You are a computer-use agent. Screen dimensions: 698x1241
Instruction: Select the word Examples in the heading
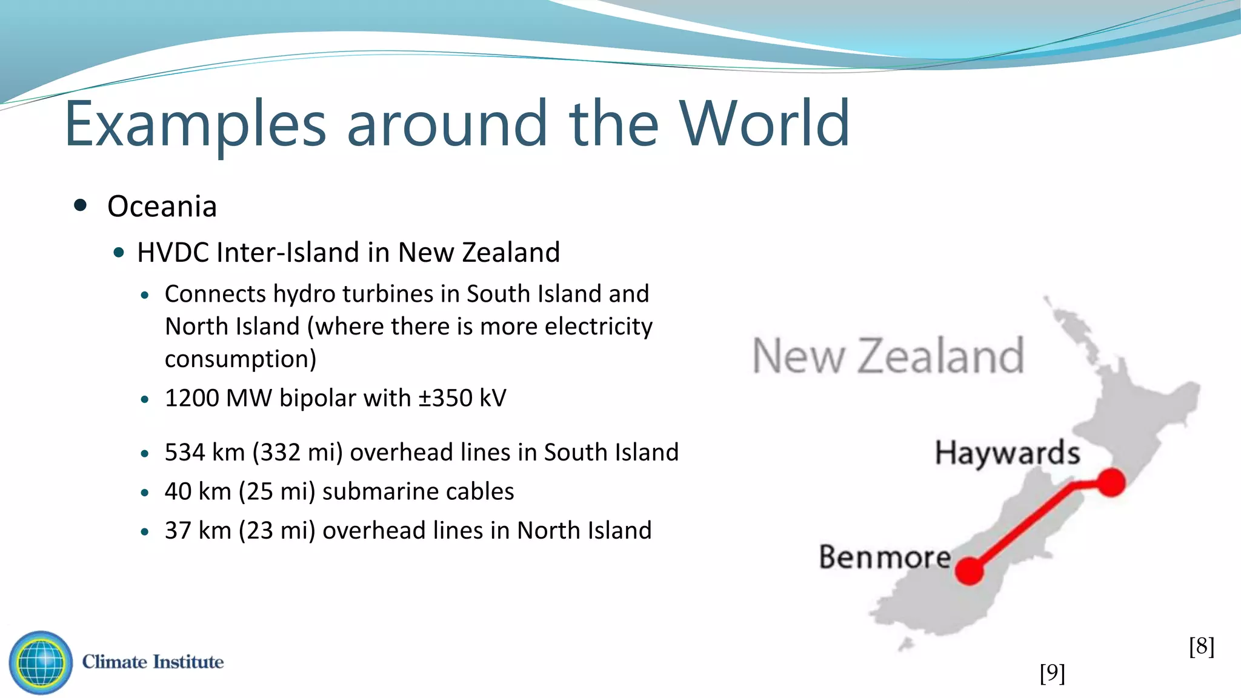point(195,126)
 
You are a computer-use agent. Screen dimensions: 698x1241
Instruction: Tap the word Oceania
point(162,207)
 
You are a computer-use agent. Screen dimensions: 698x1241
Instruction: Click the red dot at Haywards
point(1111,482)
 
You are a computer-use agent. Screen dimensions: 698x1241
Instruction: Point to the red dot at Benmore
point(969,571)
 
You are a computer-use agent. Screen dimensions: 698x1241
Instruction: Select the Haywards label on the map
point(1007,453)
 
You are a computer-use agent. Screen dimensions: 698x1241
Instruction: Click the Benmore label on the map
point(885,557)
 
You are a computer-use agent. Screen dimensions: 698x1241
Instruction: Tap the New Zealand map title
point(888,356)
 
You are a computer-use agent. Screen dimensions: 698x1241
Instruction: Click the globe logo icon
point(41,662)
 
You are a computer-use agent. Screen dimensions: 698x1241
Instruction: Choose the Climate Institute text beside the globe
point(153,662)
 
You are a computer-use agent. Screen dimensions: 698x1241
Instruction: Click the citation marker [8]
point(1201,646)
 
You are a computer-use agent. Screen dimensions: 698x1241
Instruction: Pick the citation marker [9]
point(1052,673)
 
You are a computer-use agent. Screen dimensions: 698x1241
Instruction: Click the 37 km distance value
point(198,531)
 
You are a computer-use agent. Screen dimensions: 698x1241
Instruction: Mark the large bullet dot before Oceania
point(80,205)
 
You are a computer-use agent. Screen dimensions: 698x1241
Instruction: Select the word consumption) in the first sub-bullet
point(241,359)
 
